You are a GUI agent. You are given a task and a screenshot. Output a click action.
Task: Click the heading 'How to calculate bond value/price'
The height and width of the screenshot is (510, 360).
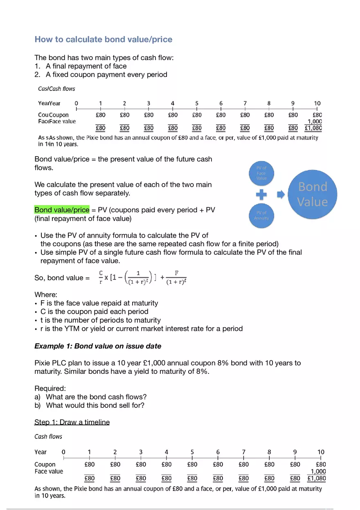[x=103, y=39]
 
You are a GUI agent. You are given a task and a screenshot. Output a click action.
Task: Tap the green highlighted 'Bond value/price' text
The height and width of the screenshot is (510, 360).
[x=62, y=210]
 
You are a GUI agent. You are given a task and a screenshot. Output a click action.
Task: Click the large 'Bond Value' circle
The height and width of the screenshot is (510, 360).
[x=313, y=194]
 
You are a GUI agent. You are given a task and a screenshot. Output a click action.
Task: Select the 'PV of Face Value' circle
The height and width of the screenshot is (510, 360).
[x=261, y=173]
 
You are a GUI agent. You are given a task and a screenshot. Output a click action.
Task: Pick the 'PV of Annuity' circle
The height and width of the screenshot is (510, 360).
[x=261, y=215]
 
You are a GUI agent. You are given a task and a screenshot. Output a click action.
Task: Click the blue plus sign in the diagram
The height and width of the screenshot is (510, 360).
[x=261, y=195]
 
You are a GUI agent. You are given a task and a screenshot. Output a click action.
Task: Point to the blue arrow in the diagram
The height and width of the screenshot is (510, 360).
[x=281, y=195]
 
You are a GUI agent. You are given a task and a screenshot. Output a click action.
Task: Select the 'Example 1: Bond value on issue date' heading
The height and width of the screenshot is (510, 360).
[x=98, y=346]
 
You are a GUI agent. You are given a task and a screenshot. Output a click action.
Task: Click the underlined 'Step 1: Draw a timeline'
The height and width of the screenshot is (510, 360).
[x=72, y=422]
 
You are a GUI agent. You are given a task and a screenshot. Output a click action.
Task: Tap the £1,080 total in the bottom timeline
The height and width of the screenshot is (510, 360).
[x=317, y=479]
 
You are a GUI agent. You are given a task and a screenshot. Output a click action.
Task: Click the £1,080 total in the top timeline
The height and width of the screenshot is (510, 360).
[x=313, y=128]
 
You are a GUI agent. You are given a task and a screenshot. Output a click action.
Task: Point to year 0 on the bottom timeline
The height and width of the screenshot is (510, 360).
[x=63, y=452]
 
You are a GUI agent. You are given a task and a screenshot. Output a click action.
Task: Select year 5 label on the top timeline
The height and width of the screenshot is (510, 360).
[x=197, y=103]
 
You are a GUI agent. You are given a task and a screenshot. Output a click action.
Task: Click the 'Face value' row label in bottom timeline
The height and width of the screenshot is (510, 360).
[x=49, y=471]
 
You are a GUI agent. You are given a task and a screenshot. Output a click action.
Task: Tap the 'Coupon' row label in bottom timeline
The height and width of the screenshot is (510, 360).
[x=45, y=464]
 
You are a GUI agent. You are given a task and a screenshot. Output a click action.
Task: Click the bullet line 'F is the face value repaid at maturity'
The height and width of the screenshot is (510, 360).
[x=99, y=303]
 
